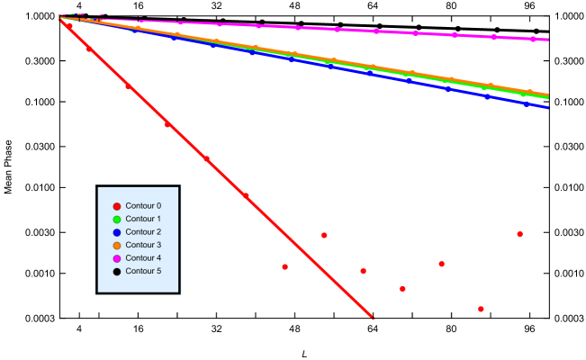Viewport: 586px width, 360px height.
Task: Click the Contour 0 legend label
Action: (143, 206)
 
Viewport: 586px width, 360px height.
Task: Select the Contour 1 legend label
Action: (143, 219)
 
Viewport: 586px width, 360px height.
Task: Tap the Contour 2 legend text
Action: (143, 232)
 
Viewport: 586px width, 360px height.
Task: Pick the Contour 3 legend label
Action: (143, 245)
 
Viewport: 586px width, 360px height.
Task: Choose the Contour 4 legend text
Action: (143, 258)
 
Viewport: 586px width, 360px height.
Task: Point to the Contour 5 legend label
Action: (143, 271)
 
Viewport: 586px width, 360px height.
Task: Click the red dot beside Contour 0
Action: (117, 206)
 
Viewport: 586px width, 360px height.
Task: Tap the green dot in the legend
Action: (117, 220)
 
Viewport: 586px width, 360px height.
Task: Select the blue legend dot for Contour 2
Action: (117, 232)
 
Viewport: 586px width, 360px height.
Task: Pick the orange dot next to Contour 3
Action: (117, 246)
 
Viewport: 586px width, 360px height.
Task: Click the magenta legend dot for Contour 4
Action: (117, 258)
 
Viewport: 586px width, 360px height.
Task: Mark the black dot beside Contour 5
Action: (117, 271)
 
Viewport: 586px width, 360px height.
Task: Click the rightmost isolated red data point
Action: (519, 234)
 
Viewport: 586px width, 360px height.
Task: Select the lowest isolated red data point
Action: (481, 309)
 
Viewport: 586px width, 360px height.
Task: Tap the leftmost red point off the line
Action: (284, 266)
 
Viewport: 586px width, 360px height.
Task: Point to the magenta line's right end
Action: (548, 40)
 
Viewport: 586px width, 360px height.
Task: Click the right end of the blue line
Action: (548, 107)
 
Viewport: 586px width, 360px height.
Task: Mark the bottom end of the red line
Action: (372, 317)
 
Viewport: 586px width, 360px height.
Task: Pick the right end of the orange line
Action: (548, 94)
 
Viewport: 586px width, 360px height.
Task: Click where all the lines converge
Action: (61, 18)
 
